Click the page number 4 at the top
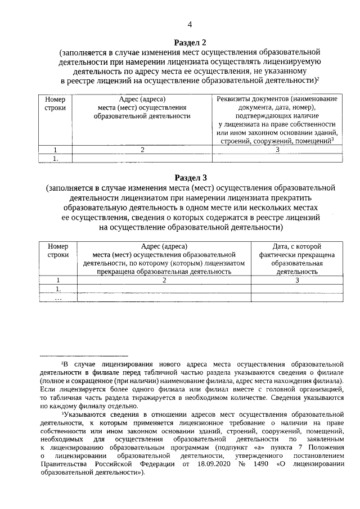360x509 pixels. click(190, 25)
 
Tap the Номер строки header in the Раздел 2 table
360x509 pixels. click(55, 103)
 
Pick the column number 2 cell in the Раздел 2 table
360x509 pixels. click(142, 150)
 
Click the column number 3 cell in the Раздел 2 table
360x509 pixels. click(277, 150)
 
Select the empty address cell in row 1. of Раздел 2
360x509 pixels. click(142, 159)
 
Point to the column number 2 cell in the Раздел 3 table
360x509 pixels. click(164, 280)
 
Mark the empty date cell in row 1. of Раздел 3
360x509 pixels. click(296, 289)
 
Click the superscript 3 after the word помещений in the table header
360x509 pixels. click(333, 138)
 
